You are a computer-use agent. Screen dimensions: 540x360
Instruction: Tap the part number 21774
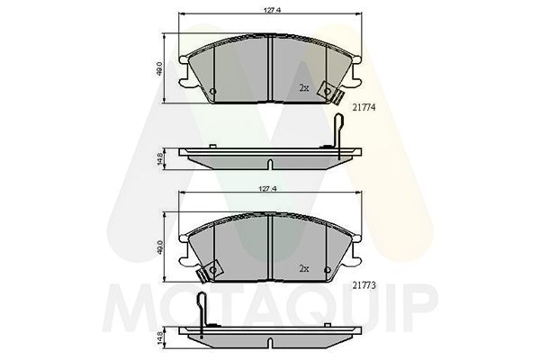364,107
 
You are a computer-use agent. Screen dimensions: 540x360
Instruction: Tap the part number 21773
364,285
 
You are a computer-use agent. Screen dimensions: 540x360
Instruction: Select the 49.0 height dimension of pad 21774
160,70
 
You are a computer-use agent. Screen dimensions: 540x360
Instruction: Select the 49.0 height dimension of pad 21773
160,248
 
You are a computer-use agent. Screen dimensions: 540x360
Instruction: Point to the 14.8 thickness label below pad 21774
160,159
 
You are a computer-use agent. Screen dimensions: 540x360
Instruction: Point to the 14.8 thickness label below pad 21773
160,337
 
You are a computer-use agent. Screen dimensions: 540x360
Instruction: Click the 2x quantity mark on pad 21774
304,88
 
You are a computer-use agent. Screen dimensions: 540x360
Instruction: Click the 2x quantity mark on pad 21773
304,269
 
